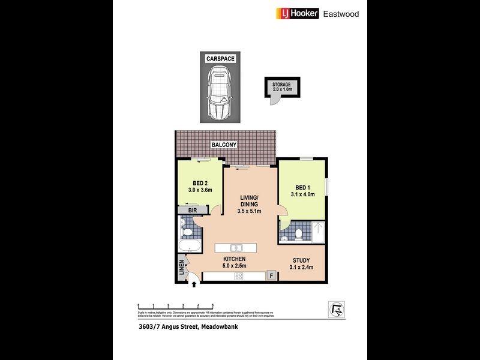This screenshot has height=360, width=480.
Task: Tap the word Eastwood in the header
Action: click(x=341, y=13)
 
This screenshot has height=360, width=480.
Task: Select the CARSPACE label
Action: click(x=220, y=59)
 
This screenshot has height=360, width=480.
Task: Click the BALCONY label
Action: click(x=224, y=145)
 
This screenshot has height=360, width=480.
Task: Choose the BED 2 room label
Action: click(x=200, y=187)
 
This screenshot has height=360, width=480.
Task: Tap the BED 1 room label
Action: click(x=302, y=190)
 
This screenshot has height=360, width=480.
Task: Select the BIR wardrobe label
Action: click(x=193, y=211)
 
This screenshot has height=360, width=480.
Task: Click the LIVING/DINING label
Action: click(x=248, y=205)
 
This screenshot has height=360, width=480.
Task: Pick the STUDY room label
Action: click(x=301, y=263)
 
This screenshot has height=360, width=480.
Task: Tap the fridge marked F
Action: click(x=271, y=276)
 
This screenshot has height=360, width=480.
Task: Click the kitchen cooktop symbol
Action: click(x=239, y=277)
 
